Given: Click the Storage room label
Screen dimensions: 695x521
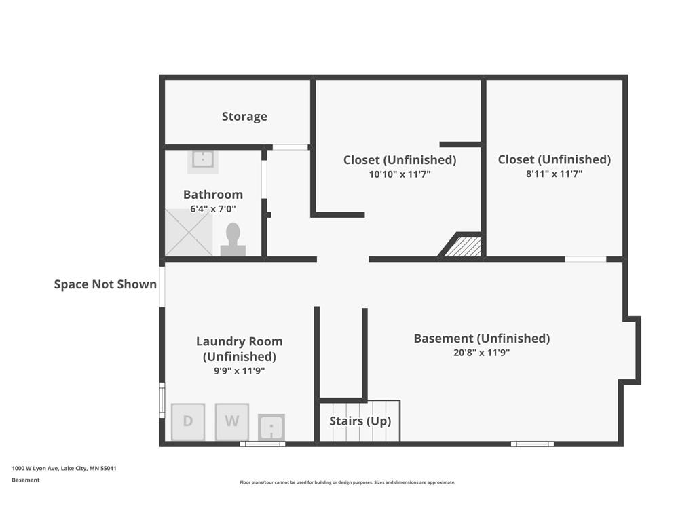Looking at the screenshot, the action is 244,116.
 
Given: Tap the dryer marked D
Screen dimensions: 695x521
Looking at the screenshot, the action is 188,422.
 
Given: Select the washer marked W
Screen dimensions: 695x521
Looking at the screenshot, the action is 232,422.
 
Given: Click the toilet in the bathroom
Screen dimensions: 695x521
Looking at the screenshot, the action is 233,239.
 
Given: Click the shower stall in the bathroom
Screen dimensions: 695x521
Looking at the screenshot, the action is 189,233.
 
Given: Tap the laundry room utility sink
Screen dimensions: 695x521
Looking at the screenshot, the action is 271,427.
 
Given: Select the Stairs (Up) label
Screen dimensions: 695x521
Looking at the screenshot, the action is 360,421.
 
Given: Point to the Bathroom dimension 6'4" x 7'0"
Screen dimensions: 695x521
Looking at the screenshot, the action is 212,209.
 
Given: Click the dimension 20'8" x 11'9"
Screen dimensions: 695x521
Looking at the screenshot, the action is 481,353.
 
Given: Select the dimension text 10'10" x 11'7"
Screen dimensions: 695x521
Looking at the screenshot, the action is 400,174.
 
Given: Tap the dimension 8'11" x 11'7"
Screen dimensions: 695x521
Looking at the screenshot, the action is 554,174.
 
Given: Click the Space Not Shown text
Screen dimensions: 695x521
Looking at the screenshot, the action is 105,284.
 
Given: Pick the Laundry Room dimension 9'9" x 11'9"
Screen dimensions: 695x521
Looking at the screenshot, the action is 240,371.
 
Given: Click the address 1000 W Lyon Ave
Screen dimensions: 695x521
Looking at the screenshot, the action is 35,468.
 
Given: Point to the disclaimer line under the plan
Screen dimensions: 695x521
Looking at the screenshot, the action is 347,482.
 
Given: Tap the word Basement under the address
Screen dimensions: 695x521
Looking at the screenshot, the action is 26,480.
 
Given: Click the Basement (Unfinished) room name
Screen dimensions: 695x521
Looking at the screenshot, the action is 482,339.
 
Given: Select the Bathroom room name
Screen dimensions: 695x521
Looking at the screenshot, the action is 212,195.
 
